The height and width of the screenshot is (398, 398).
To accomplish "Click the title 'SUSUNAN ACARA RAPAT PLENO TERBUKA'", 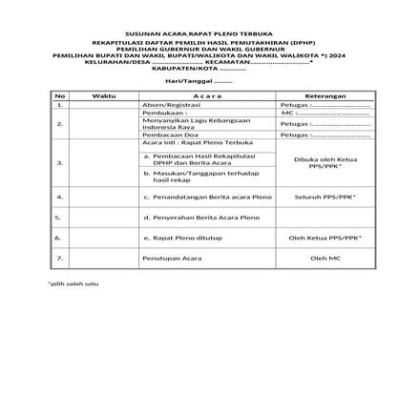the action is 199,31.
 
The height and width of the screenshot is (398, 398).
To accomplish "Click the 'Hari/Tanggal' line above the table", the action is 199,82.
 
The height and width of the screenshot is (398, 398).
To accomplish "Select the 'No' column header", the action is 59,96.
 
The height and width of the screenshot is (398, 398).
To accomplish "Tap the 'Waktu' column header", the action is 103,96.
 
